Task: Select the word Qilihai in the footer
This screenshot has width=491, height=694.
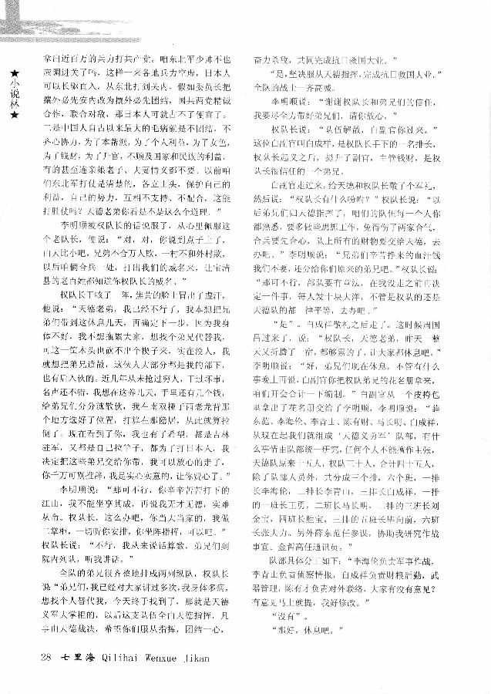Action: (122, 656)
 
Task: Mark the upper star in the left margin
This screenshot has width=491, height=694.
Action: (12, 72)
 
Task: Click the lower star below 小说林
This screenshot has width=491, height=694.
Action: (12, 116)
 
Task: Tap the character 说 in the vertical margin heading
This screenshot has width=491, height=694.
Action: (12, 94)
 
